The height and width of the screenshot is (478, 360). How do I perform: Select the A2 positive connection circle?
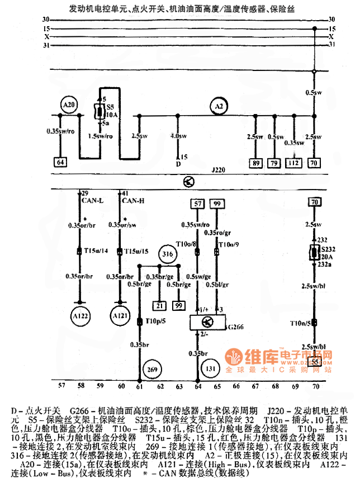click(219, 106)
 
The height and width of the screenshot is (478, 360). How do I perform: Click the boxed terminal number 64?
click(60, 163)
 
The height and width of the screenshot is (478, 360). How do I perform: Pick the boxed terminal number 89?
click(257, 163)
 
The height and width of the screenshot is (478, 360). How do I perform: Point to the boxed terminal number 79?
click(274, 163)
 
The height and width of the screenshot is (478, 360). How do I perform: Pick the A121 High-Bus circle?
click(119, 315)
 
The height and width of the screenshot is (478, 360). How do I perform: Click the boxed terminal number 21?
click(160, 305)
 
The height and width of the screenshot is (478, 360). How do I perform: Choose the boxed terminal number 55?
click(315, 362)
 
